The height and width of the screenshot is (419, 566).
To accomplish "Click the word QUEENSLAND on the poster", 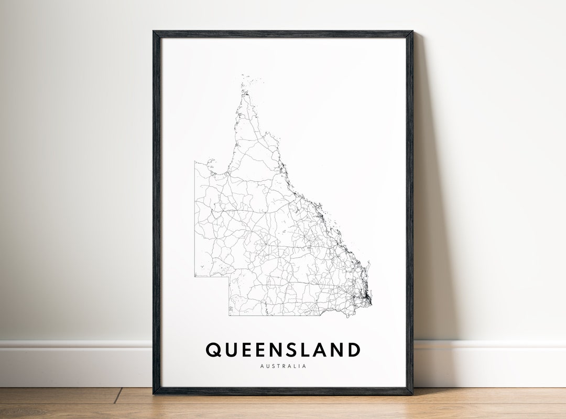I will pos(283,350).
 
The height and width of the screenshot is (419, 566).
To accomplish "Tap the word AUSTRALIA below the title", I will pos(283,366).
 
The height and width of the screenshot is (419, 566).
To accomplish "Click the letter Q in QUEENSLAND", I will pos(214,350).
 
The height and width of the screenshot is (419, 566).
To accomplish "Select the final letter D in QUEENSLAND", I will pos(353,350).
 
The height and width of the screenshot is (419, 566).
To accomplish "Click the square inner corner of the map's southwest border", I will pos(229,276).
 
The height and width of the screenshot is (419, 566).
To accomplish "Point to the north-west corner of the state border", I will pos(195,162).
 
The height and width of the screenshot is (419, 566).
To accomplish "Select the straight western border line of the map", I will pos(195,221).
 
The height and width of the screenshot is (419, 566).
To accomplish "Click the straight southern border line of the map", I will pos(273,316).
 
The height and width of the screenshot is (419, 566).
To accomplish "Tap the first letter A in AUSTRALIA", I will pos(262,366).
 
